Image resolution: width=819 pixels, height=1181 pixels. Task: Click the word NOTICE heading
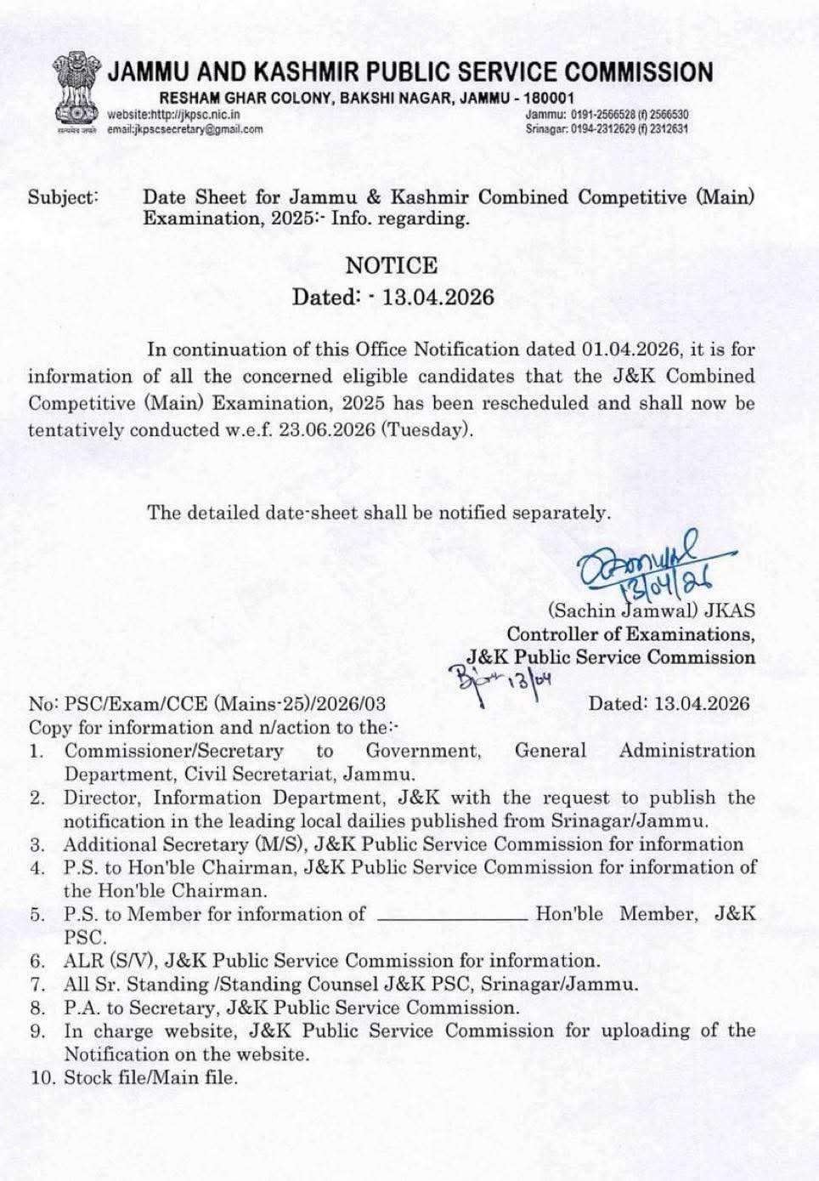click(392, 266)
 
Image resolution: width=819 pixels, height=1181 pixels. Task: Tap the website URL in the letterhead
click(173, 115)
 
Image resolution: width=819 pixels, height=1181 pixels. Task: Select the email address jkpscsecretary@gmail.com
click(184, 129)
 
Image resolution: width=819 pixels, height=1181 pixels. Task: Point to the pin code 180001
click(549, 99)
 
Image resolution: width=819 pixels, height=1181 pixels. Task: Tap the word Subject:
click(64, 197)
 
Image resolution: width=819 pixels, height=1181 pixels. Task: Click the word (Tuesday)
click(426, 429)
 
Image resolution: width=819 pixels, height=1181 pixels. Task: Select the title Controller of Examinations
click(630, 634)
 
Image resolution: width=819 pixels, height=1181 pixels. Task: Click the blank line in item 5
click(452, 916)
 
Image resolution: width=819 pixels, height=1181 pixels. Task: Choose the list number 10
click(40, 1078)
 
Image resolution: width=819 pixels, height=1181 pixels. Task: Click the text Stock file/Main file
click(151, 1078)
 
